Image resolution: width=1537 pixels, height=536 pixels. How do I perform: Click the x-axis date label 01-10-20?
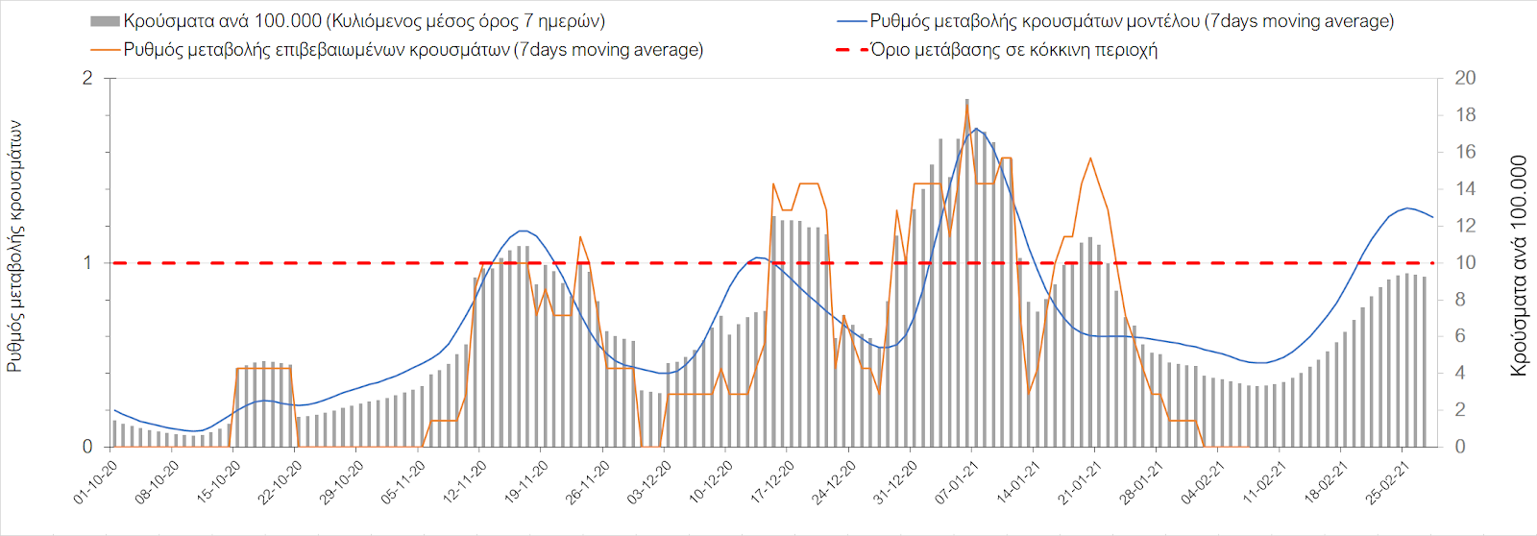coord(96,482)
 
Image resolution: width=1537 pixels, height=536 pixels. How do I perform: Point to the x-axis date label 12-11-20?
coord(466,482)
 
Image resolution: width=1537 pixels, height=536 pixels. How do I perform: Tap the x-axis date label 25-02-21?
coord(1388,482)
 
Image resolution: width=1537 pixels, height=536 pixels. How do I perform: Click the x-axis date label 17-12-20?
coord(773,482)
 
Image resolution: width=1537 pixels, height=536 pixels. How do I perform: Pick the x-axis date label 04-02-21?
coord(1204,482)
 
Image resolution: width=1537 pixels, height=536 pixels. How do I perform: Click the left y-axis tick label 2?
coord(87,78)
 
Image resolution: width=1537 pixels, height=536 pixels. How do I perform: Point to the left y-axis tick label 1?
coord(87,262)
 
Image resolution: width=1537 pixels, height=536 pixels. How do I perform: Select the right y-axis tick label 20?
coord(1465,78)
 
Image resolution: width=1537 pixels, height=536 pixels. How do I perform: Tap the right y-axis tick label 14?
coord(1465,188)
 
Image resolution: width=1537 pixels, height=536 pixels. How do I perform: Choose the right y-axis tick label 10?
coord(1465,262)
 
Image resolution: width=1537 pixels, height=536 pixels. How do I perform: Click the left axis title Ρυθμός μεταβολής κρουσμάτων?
coord(14,246)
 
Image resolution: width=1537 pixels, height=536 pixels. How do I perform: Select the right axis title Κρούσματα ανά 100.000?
coord(1519,265)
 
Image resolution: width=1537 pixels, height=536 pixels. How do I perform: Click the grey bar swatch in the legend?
coord(105,21)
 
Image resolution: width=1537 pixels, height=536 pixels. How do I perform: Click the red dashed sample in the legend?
coord(850,50)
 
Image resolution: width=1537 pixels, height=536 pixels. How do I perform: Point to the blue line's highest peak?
coord(976,129)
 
